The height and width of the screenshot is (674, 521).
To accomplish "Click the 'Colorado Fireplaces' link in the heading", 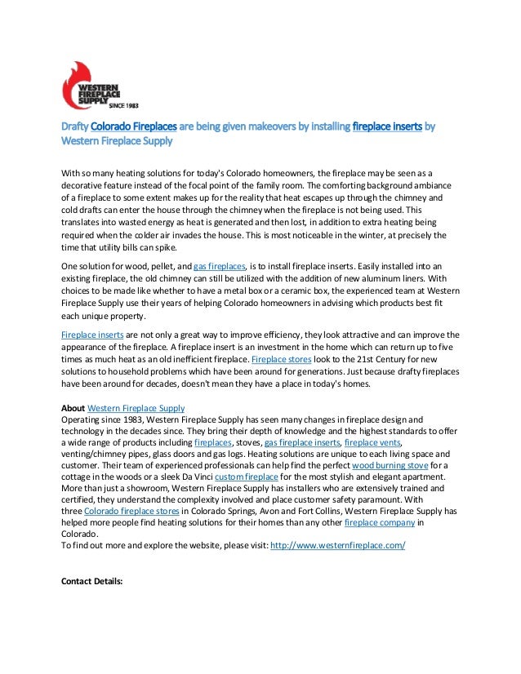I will pyautogui.click(x=133, y=127).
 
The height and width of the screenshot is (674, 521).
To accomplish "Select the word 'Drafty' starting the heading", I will pyautogui.click(x=75, y=127).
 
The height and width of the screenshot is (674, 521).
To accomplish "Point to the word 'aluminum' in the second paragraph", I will pyautogui.click(x=386, y=278).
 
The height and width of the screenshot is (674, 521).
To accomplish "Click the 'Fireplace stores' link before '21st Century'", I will pyautogui.click(x=282, y=359).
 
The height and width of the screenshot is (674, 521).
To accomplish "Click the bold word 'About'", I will pyautogui.click(x=73, y=407).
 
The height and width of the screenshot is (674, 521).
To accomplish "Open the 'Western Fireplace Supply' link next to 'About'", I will pyautogui.click(x=136, y=407).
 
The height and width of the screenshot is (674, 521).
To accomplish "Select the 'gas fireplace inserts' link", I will pyautogui.click(x=301, y=441).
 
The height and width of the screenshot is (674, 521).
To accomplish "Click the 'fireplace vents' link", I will pyautogui.click(x=373, y=441).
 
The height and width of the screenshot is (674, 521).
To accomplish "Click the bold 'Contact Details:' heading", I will pyautogui.click(x=91, y=582).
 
